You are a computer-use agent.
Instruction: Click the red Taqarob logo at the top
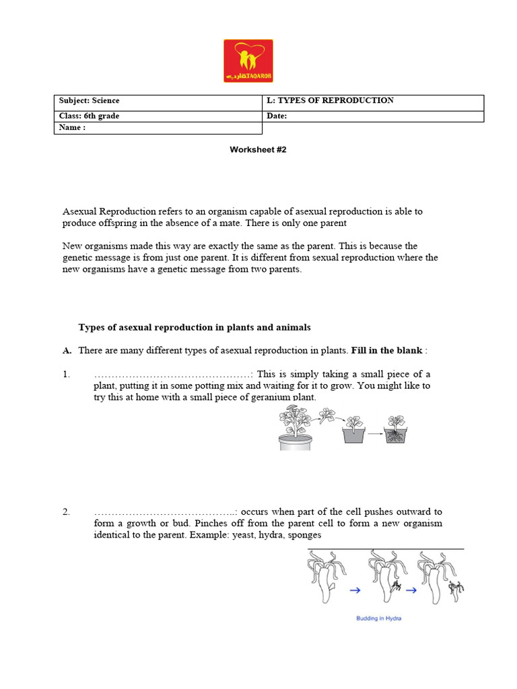point(248,61)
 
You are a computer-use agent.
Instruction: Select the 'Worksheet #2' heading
point(258,150)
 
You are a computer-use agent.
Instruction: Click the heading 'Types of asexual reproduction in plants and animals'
point(195,328)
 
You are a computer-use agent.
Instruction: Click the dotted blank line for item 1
point(172,375)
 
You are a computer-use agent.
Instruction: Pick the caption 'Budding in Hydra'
point(378,618)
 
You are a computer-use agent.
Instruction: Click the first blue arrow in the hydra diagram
point(355,589)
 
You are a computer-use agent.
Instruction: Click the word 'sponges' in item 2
point(304,535)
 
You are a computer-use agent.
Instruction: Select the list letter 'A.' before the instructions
point(67,351)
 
